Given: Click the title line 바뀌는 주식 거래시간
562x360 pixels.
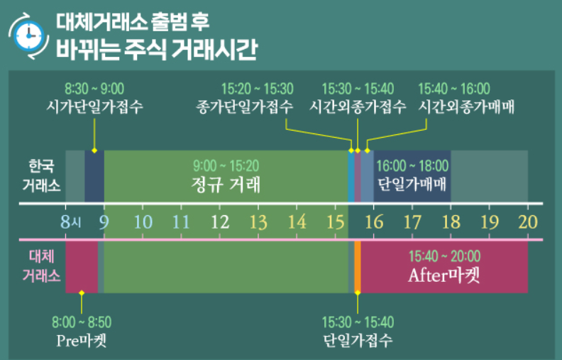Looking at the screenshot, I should click(x=157, y=50).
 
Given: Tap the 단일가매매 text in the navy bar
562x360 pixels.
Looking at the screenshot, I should click(x=412, y=185).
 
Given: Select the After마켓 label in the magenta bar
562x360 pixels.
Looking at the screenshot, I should click(x=444, y=274).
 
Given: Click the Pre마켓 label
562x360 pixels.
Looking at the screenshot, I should click(x=82, y=339).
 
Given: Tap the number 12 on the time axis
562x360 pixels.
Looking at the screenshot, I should click(x=220, y=222).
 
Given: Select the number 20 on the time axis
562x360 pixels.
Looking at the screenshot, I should click(x=527, y=222).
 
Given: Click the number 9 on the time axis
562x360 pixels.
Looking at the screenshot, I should click(x=104, y=222).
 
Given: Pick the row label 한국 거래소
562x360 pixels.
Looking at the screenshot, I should click(x=41, y=176).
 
